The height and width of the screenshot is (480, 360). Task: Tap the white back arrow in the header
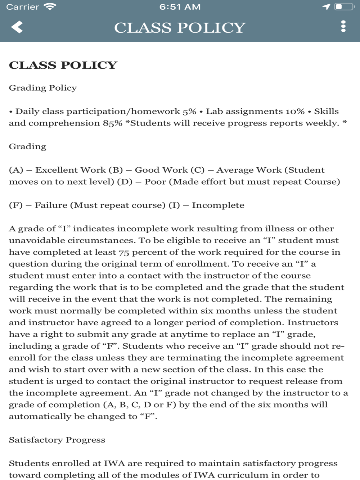pos(17,27)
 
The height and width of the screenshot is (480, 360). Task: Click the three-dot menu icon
pos(343,26)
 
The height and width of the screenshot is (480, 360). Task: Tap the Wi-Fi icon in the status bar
pos(49,7)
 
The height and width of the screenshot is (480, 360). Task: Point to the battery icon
pos(344,7)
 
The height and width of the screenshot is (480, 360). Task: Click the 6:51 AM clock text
pos(180,7)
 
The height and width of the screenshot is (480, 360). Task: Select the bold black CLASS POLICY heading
pos(63,65)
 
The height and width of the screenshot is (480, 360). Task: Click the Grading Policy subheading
pos(43,88)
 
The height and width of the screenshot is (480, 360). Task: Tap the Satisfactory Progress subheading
pos(57,440)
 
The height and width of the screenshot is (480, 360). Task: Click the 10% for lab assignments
pos(295,111)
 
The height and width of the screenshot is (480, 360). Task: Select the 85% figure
pos(113,123)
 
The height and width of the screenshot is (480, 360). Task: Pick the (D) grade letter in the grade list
pos(125,182)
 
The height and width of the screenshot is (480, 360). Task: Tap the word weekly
pos(322,123)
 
